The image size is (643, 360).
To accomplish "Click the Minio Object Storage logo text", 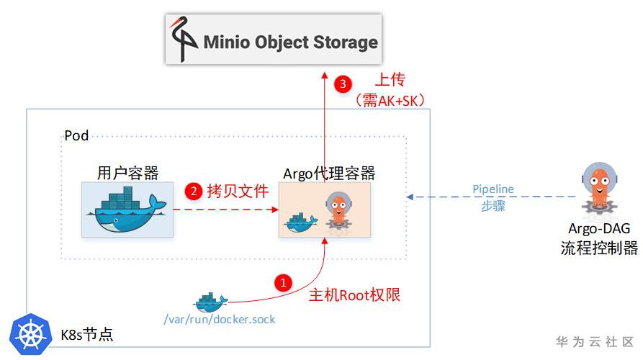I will coord(290,42).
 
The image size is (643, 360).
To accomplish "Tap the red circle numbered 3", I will coord(343,84).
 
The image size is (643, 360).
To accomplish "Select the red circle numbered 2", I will coord(193,192).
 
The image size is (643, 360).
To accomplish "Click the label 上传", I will coord(390,79).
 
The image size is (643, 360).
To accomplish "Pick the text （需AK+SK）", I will coord(391,100).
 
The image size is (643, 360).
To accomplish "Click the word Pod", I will coord(76,135).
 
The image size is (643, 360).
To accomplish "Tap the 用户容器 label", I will coord(127,173).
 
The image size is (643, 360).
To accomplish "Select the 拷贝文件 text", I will coord(238,192).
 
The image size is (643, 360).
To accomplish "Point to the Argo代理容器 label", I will coord(329,173).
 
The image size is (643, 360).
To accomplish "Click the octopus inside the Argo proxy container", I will coord(336,210).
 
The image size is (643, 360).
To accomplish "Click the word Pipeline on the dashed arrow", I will coord(493,189).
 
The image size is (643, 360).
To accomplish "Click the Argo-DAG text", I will coord(599,229).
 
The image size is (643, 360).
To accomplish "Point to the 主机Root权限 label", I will coord(354,295).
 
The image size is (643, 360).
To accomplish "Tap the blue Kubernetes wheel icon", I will coord(29,333).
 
